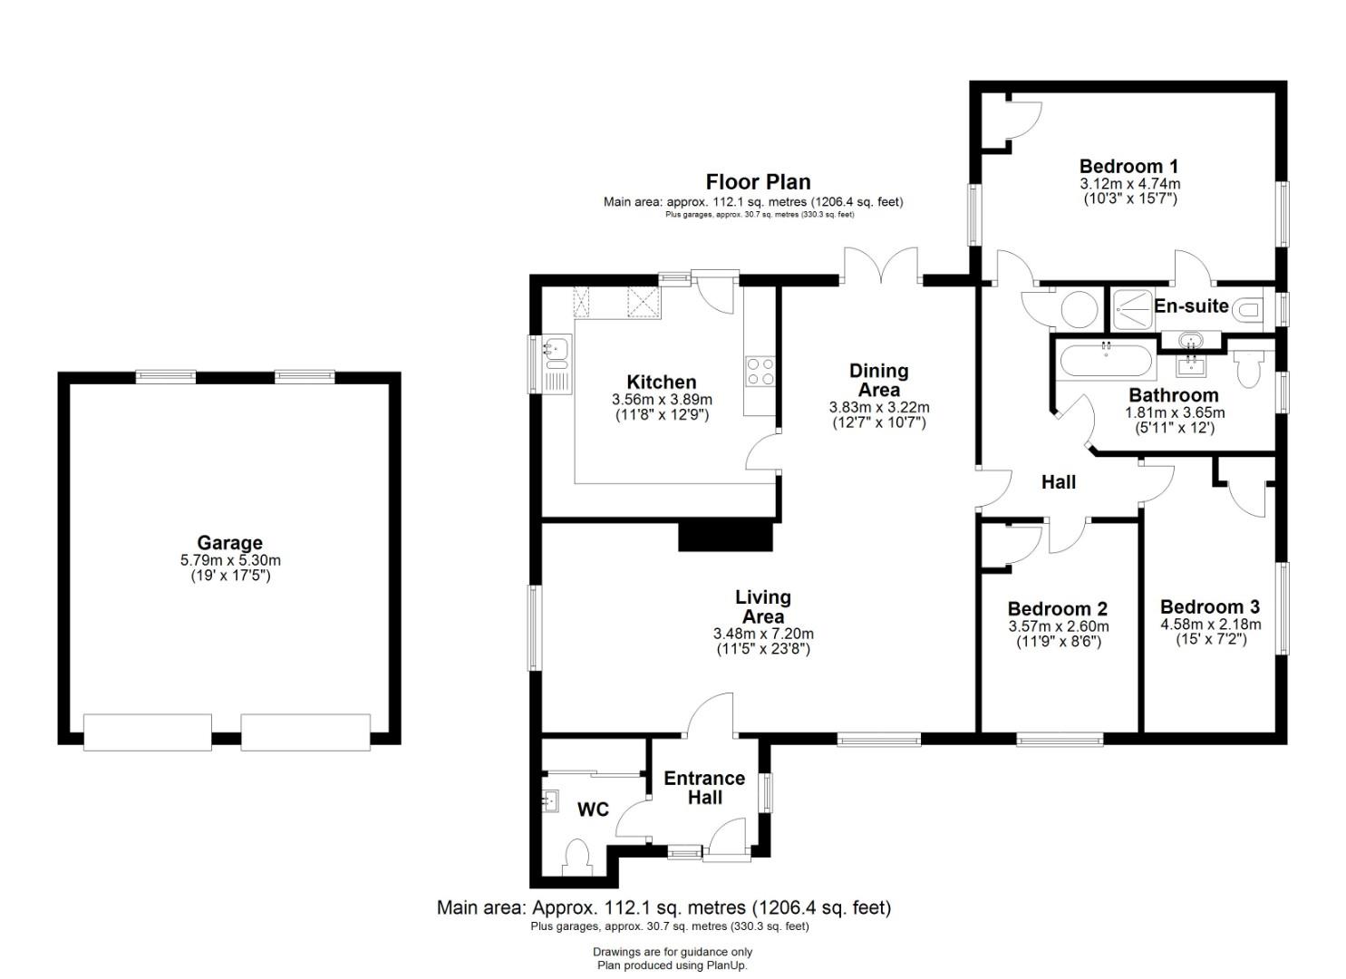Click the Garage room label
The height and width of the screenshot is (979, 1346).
[229, 543]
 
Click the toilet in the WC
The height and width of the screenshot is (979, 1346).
[577, 858]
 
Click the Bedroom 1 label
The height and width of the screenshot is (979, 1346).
[1128, 166]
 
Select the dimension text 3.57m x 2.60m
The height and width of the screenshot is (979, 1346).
[1059, 626]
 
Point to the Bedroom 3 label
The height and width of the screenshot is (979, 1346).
[1210, 606]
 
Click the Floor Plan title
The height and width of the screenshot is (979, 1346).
[758, 181]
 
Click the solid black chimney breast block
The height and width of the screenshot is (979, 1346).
[725, 537]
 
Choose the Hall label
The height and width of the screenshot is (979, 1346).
[1058, 482]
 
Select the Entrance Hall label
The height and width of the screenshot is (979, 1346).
[704, 788]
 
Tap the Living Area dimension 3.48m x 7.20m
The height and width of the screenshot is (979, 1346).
[763, 634]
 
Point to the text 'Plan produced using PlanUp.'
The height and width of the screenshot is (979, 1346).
[673, 965]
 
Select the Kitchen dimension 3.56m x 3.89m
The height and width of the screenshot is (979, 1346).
[662, 399]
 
